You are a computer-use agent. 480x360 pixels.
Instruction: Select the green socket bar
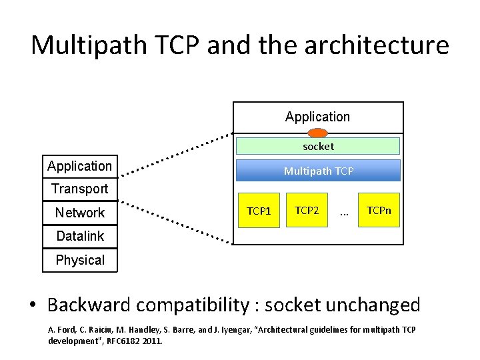pos(317,146)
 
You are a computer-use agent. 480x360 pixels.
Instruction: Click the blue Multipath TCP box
pos(318,171)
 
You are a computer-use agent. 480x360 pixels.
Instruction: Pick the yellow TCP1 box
pos(258,211)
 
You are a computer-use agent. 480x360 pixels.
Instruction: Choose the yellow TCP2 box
pos(307,211)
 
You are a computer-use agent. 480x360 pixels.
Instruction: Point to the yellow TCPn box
pos(379,211)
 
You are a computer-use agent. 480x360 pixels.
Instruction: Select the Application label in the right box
pos(317,117)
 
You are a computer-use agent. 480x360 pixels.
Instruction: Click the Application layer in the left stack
pos(80,166)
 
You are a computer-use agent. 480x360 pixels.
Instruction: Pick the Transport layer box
pos(80,189)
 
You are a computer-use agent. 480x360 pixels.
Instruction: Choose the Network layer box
pos(80,213)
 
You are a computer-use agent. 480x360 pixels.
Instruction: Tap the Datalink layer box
pos(80,236)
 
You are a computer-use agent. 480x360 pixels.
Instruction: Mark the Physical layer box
pos(80,260)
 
